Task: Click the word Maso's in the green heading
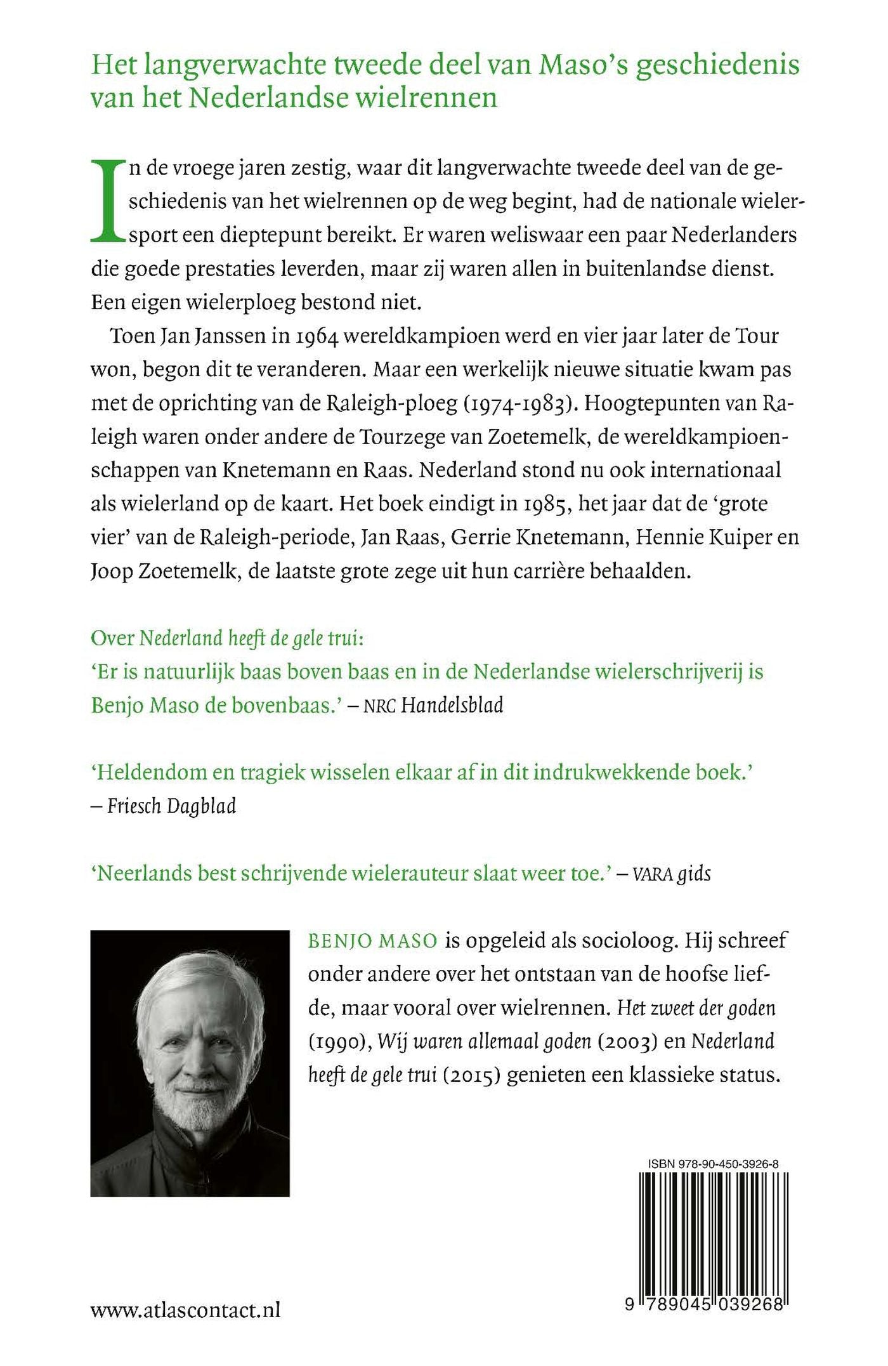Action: tap(581, 65)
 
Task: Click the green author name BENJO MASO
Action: tap(372, 940)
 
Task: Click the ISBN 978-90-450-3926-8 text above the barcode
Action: tap(713, 1164)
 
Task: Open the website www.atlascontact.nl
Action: tap(185, 1310)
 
